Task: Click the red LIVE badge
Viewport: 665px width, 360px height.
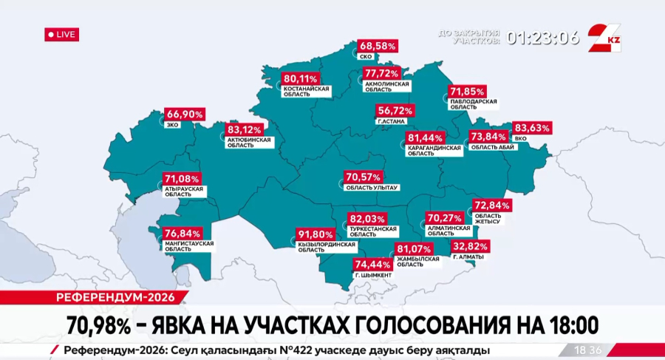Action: [x=61, y=35]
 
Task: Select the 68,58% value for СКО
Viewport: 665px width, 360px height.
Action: [x=378, y=46]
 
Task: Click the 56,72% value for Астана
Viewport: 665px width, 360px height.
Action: [x=395, y=110]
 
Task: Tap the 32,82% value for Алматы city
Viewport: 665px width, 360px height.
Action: [x=471, y=246]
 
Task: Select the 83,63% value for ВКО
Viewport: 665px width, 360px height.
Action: [x=532, y=128]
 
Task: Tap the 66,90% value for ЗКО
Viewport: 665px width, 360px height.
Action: [x=184, y=115]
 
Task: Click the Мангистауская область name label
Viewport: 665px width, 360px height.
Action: [x=189, y=246]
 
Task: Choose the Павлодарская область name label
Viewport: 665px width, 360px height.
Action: [x=474, y=103]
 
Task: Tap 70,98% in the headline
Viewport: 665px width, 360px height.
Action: [x=101, y=325]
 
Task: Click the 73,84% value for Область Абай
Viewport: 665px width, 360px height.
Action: [x=488, y=137]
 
